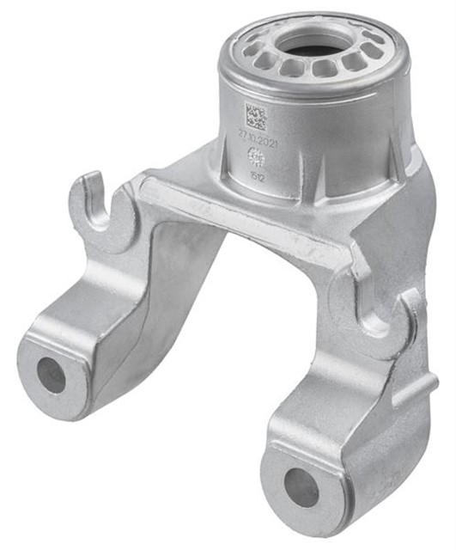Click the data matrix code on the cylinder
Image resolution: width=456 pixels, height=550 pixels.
tap(256, 117)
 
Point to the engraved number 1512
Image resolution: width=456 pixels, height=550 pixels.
tap(256, 174)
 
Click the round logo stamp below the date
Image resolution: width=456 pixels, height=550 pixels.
tap(256, 156)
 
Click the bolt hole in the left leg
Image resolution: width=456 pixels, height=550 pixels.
tap(51, 375)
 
